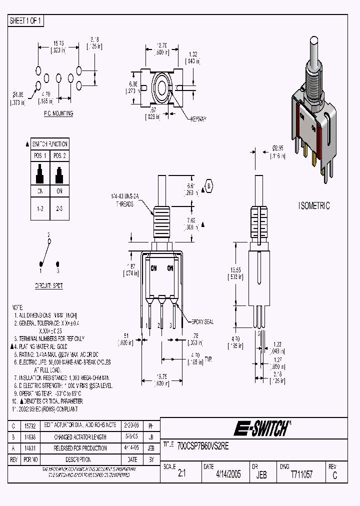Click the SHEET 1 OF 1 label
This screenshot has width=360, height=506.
26,20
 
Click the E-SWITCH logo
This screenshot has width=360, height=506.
262,428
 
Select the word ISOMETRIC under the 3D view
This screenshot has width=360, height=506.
313,205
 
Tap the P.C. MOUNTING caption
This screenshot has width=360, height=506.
58,113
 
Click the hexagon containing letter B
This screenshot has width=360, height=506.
208,185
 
